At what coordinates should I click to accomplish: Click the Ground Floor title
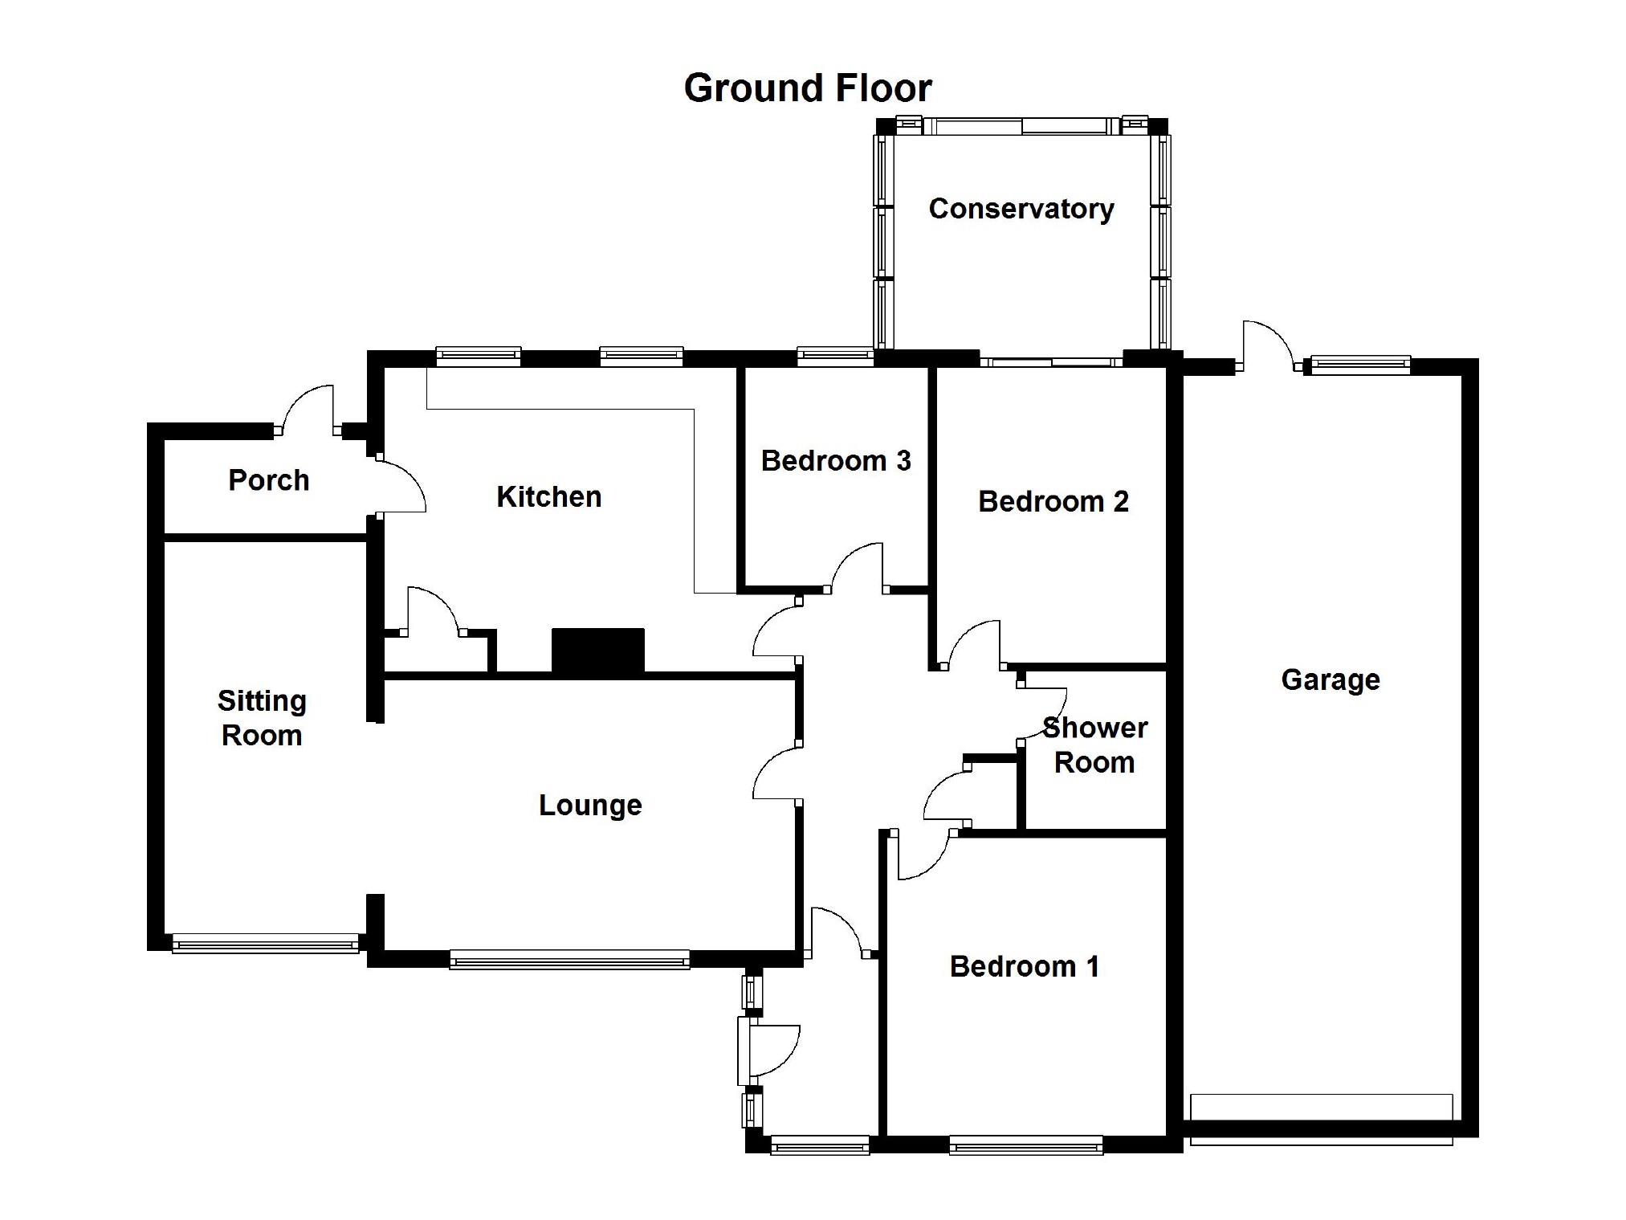[807, 88]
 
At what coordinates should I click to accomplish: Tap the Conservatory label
[1021, 209]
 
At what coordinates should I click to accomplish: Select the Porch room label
[268, 480]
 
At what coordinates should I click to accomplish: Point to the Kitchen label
[548, 497]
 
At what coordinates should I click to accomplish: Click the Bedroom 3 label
[835, 461]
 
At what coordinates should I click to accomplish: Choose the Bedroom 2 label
[1053, 502]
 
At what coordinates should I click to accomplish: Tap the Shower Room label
[1094, 745]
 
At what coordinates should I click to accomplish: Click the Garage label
[1331, 680]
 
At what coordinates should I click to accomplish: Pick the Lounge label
[590, 806]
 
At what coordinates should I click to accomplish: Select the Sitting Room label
[262, 718]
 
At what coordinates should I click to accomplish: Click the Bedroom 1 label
[1024, 966]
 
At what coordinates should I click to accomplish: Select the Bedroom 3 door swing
[858, 566]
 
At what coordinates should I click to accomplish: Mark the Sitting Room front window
[265, 943]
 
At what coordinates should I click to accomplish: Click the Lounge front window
[569, 959]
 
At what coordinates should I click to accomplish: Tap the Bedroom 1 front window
[1025, 1145]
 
